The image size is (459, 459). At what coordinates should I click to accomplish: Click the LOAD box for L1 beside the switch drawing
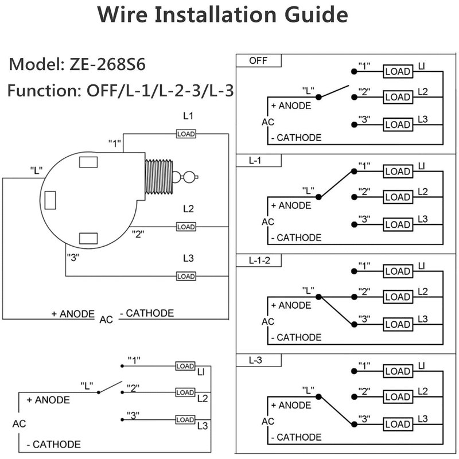click(x=186, y=134)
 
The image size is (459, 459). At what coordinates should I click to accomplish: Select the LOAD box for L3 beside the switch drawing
click(x=186, y=276)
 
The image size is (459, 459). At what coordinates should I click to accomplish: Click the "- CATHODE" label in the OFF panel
click(x=295, y=138)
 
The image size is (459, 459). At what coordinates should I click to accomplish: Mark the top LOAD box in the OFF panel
click(x=396, y=72)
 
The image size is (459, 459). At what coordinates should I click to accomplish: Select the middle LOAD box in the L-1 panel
click(x=396, y=197)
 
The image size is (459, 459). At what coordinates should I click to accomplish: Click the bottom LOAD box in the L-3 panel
click(x=396, y=425)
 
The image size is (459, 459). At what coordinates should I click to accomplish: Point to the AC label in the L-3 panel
click(x=268, y=421)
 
